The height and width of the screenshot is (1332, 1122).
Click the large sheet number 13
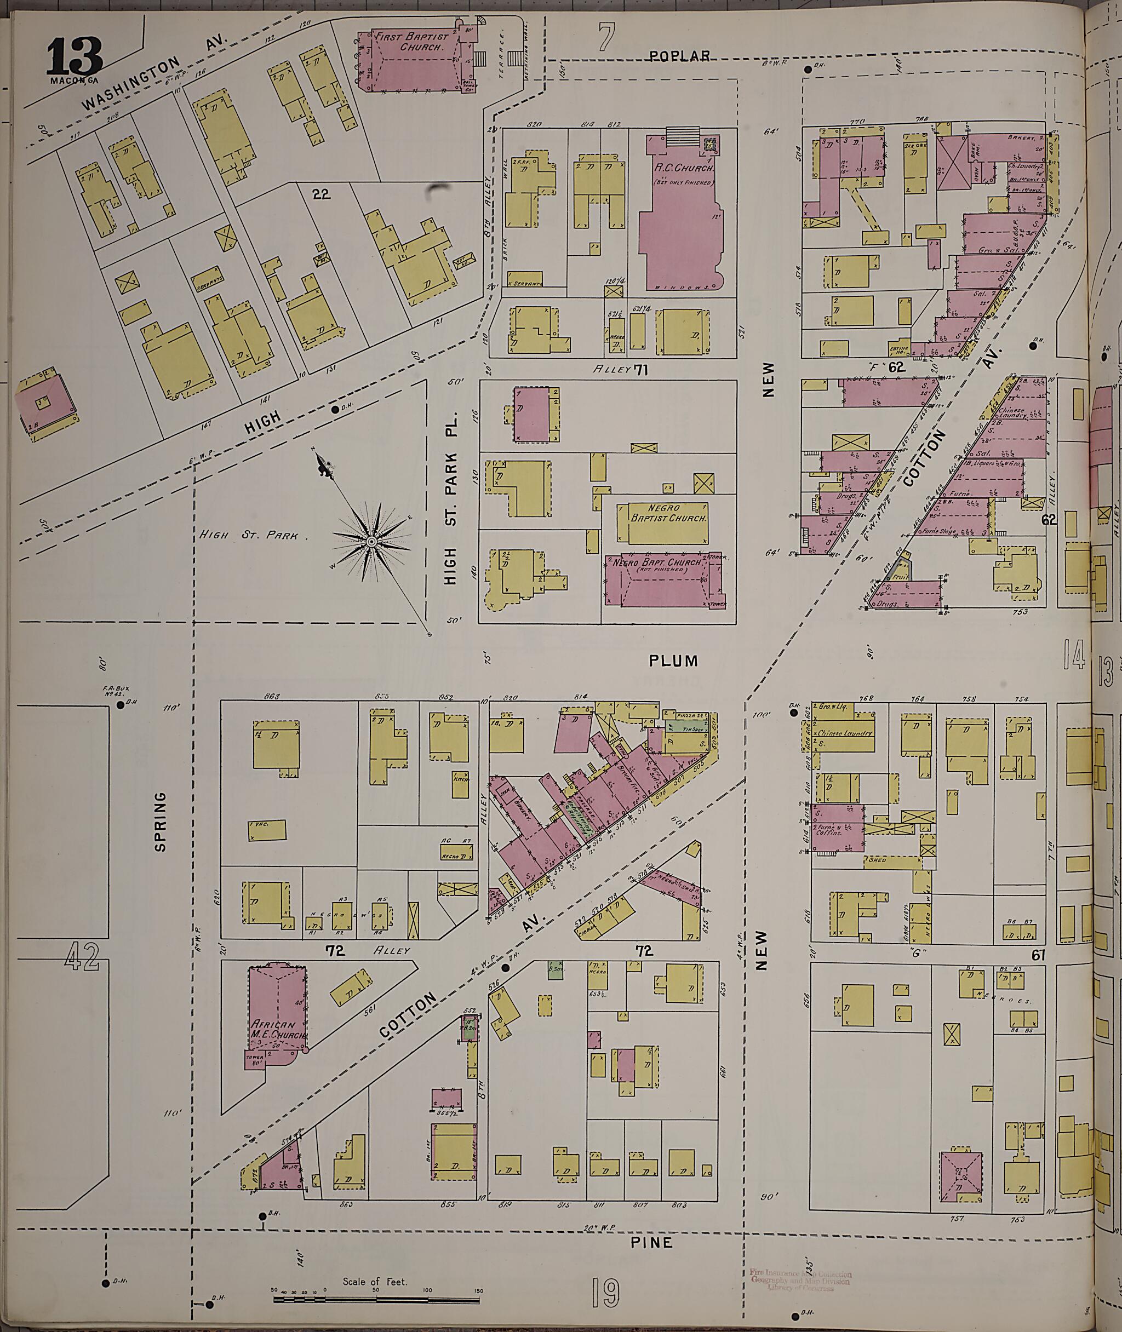coord(73,56)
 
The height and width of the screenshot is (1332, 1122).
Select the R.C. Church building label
coord(684,169)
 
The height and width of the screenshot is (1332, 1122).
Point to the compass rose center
coord(371,541)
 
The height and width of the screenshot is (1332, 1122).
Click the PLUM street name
coord(673,661)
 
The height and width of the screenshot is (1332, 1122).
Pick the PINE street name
coord(652,1242)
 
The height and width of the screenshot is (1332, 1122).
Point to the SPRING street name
coord(161,821)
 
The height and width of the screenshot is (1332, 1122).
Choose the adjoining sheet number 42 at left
coord(83,957)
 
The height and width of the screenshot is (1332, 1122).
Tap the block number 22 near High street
coord(322,194)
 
